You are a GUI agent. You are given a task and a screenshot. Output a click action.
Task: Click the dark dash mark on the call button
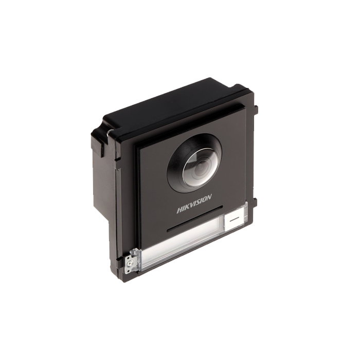point(235,219)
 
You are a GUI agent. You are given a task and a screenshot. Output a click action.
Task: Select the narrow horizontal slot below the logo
point(195,219)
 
